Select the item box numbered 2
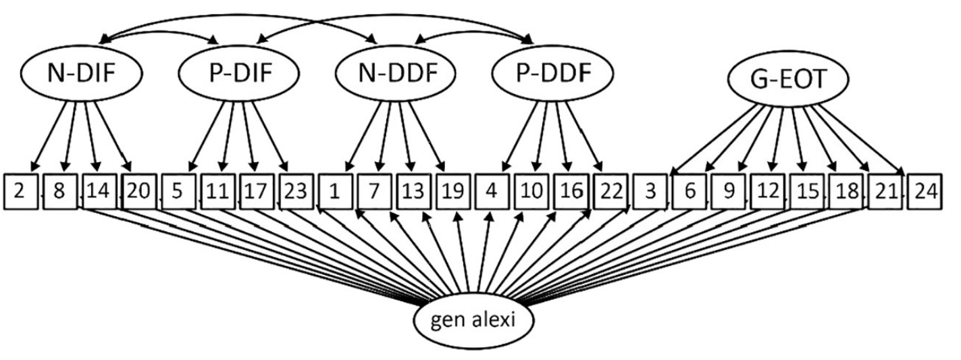coord(20,191)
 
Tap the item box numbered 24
coord(924,191)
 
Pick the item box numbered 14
coord(99,191)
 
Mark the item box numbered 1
coord(335,191)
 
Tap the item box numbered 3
coord(650,191)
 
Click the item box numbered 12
coord(768,191)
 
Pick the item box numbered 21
coord(885,191)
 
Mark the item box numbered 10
coord(531,191)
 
